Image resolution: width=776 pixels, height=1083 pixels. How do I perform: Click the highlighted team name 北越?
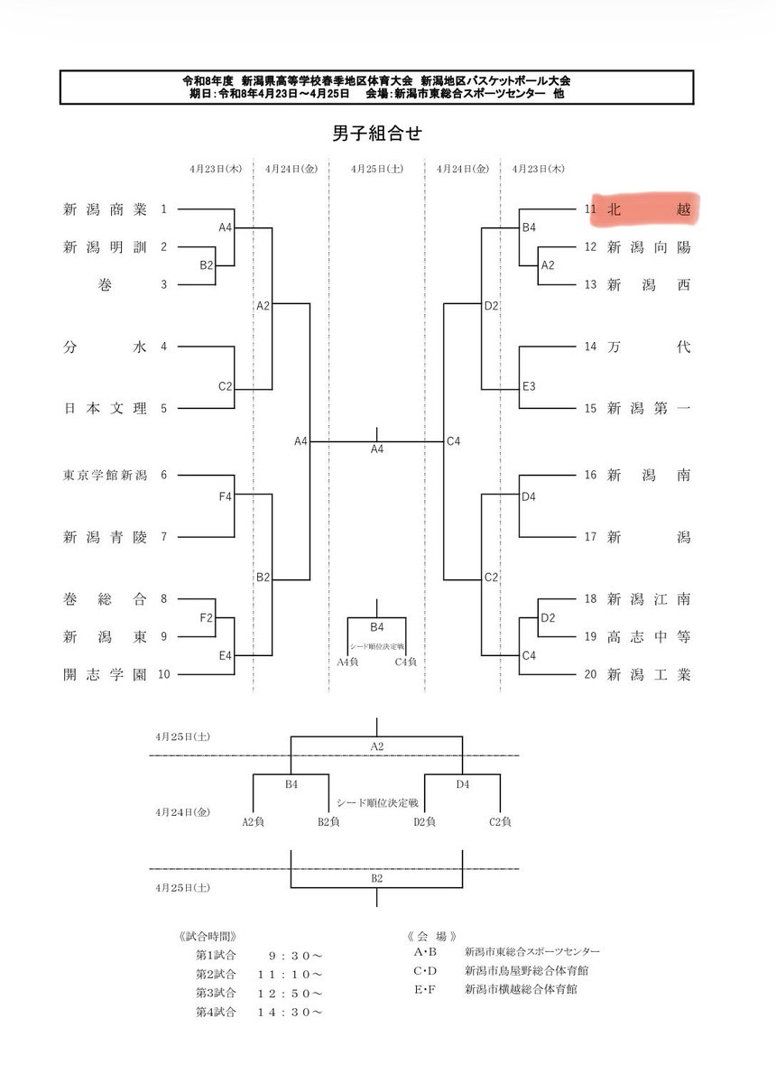(649, 209)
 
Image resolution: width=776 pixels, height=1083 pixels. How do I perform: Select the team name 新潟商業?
(105, 209)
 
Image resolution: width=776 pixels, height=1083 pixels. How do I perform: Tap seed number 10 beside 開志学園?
(164, 674)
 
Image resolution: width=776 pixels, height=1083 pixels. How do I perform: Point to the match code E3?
(529, 386)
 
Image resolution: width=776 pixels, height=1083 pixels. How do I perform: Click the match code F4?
(226, 496)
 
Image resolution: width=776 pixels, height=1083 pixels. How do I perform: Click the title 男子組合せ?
(376, 133)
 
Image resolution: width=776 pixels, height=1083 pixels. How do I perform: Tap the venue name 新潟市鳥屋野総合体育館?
(527, 970)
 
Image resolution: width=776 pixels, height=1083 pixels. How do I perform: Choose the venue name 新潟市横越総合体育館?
(521, 989)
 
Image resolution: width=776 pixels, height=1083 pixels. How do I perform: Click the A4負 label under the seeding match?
(347, 662)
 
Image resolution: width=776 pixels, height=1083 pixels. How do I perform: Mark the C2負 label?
(500, 821)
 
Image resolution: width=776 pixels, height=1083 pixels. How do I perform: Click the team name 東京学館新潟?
(105, 475)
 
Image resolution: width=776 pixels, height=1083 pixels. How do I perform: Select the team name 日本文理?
(105, 408)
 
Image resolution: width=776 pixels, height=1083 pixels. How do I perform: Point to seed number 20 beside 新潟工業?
(590, 674)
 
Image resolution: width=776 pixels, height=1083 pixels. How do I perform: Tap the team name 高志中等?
(649, 637)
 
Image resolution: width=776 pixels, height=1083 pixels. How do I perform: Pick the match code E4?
(226, 655)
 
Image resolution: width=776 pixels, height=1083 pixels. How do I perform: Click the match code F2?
(207, 617)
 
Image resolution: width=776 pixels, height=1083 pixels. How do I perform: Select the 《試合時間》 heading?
(208, 937)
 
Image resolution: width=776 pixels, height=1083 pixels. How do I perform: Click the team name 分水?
(105, 347)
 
